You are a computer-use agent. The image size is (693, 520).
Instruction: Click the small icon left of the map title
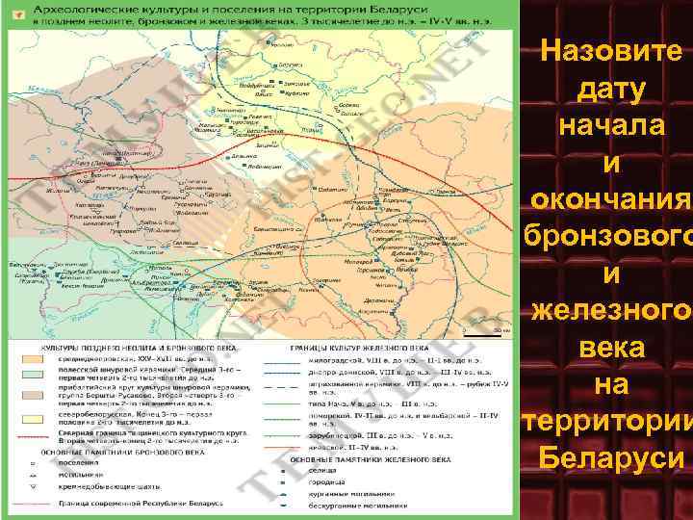coord(15,14)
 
